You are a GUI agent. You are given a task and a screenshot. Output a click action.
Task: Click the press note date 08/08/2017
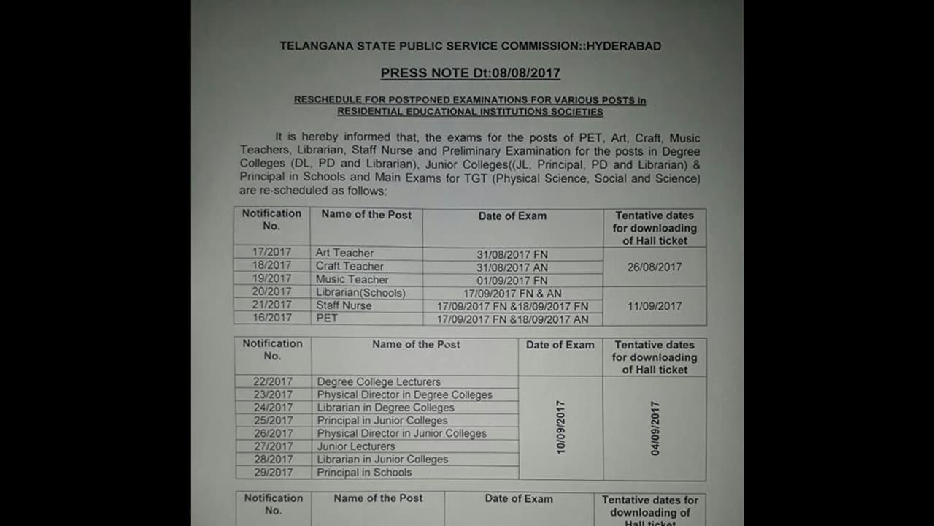525,73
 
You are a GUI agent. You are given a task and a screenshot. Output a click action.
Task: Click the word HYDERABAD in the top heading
624,46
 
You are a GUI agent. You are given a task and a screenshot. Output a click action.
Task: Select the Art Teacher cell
344,253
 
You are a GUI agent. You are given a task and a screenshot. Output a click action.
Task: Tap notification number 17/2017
271,252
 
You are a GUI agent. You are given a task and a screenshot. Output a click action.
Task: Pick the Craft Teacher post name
350,266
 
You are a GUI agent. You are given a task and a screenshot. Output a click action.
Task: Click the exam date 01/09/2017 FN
512,280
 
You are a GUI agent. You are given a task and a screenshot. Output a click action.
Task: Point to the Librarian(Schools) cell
360,292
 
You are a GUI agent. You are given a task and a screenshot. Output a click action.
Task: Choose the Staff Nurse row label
344,305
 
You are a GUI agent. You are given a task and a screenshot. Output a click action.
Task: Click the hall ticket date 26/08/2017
655,267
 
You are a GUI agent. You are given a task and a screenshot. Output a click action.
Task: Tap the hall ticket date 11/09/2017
655,306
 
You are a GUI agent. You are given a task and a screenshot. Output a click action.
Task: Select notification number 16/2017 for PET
271,318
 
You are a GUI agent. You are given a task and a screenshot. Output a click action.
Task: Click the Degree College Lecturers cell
379,381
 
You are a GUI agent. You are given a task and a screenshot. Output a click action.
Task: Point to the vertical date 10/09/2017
561,427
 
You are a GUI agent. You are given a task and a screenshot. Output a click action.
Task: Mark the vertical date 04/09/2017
655,428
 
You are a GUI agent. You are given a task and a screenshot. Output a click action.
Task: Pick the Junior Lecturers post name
356,446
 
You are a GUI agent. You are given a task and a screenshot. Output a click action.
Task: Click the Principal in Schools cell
364,472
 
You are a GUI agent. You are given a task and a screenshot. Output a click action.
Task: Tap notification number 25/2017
273,420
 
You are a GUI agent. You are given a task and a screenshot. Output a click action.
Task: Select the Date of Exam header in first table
512,216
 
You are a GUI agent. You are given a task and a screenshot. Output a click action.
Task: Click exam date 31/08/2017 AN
512,267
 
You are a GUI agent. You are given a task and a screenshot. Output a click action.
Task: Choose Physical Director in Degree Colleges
404,394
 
